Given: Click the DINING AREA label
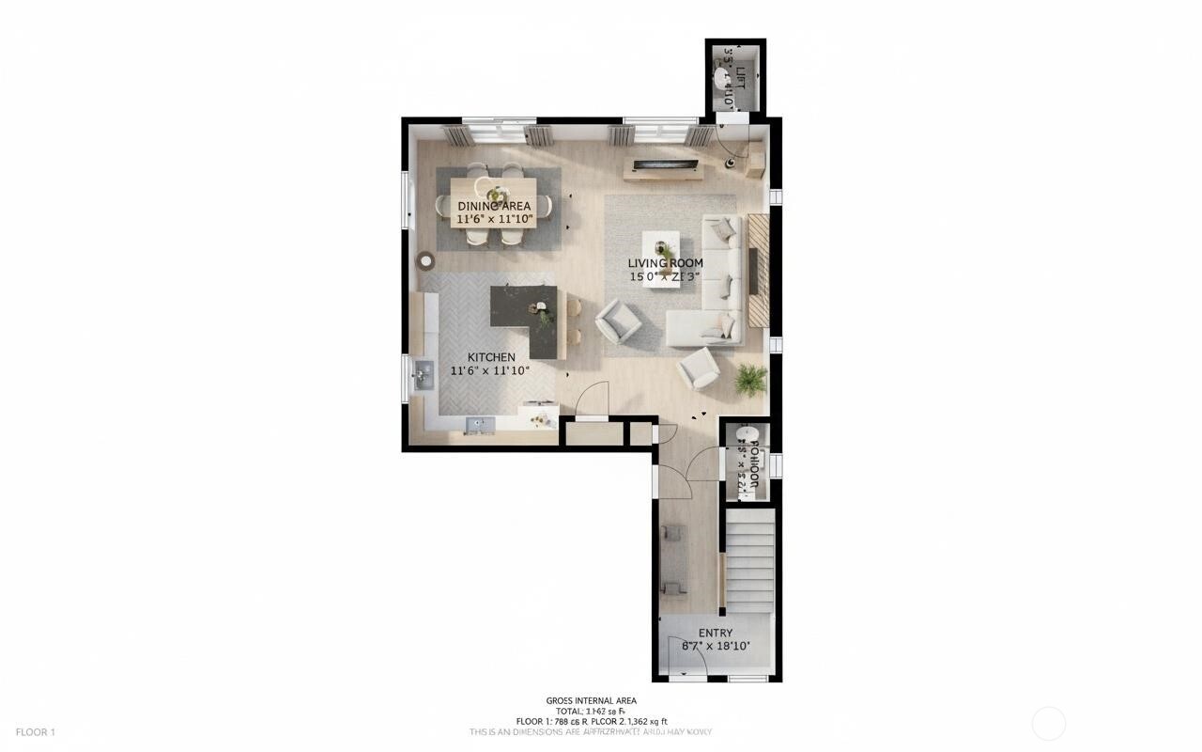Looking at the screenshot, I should click(x=494, y=206).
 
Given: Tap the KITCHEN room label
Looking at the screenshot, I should click(x=491, y=357).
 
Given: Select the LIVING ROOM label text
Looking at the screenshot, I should click(x=666, y=263).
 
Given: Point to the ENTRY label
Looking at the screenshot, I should click(x=716, y=633).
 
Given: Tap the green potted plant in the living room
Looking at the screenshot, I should click(x=750, y=379).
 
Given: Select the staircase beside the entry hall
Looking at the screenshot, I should click(x=750, y=559).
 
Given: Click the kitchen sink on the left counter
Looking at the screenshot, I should click(x=422, y=377).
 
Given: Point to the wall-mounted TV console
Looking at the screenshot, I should click(x=663, y=168).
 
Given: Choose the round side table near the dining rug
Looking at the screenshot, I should click(x=427, y=260).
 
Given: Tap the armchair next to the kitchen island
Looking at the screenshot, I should click(x=619, y=321).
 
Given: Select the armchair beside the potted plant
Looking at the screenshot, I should click(x=699, y=368).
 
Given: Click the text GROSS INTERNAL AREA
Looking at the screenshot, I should click(x=591, y=700).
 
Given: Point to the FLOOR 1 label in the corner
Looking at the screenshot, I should click(x=36, y=731).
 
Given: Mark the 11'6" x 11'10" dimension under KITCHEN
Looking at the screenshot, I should click(x=491, y=370).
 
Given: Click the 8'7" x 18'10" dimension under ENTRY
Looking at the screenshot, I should click(x=716, y=646).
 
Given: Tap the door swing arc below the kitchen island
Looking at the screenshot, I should click(x=593, y=399).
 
